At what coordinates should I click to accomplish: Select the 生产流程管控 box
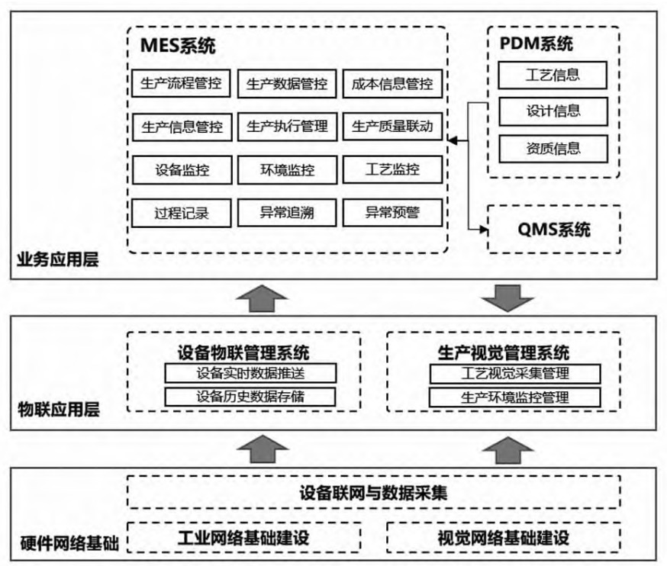pyautogui.click(x=181, y=83)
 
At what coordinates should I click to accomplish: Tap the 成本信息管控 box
pyautogui.click(x=391, y=83)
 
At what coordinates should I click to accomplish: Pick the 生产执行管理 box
pyautogui.click(x=286, y=127)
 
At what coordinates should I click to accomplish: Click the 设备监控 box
pyautogui.click(x=181, y=170)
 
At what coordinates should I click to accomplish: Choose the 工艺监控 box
pyautogui.click(x=391, y=170)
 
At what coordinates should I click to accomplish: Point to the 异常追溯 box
pyautogui.click(x=286, y=214)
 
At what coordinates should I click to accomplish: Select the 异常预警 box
pyautogui.click(x=391, y=214)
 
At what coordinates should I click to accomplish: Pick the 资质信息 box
pyautogui.click(x=553, y=148)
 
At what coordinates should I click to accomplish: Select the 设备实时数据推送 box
pyautogui.click(x=250, y=373)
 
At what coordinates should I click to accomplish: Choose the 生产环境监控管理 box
pyautogui.click(x=515, y=397)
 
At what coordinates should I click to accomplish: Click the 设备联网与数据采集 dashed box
pyautogui.click(x=373, y=493)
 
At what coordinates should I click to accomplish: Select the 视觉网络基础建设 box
pyautogui.click(x=504, y=536)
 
